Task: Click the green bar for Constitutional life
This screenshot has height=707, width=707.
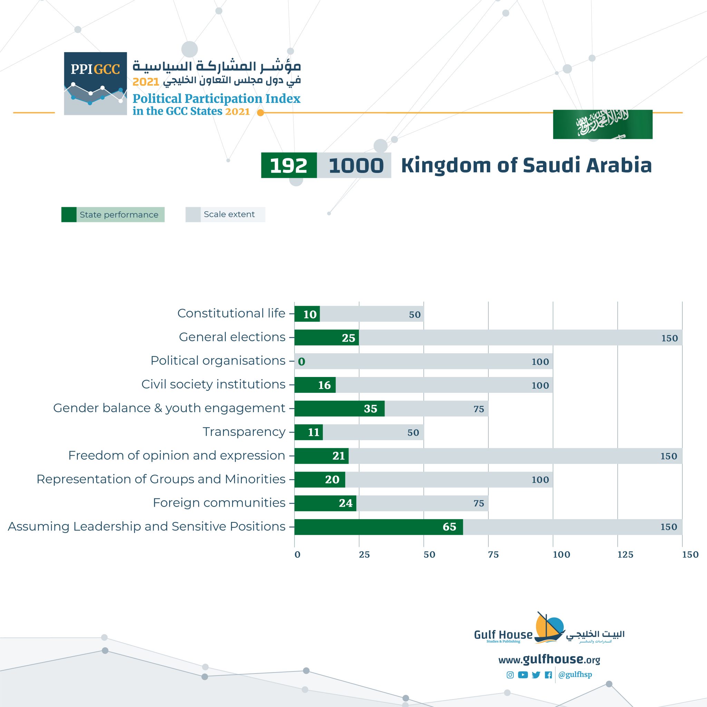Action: point(307,314)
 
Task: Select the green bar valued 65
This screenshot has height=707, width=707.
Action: point(378,526)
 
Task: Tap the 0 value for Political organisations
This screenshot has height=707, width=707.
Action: point(301,361)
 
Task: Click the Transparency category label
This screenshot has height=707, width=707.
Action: point(244,432)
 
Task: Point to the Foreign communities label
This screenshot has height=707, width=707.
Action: point(219,503)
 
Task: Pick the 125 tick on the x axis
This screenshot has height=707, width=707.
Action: point(625,555)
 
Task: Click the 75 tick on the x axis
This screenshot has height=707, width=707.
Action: point(493,555)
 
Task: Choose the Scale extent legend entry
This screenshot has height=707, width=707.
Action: point(225,214)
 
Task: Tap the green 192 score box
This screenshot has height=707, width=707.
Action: point(289,165)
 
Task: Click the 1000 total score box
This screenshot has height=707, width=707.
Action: point(354,165)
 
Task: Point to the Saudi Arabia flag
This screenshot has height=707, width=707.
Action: point(602,124)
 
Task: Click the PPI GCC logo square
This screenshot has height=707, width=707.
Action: point(96,84)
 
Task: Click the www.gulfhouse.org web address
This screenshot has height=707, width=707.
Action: point(549,660)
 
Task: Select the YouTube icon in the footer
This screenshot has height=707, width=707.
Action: point(523,675)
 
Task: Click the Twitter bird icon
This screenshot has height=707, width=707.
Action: point(536,675)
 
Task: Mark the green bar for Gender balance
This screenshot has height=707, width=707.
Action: point(339,408)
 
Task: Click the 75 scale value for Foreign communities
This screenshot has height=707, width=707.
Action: point(479,504)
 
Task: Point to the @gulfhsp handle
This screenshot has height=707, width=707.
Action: point(575,675)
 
